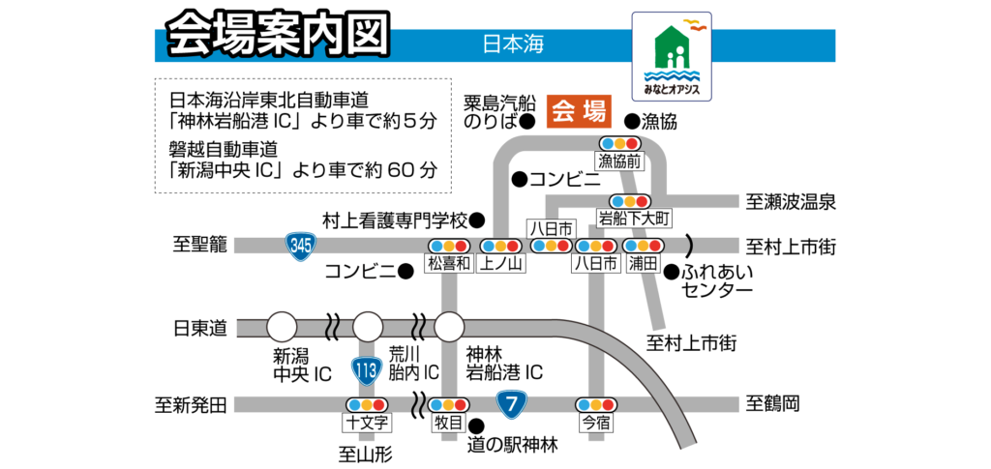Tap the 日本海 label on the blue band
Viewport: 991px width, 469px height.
513,44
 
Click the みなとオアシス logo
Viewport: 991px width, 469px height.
672,56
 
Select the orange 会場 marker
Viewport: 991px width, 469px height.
580,111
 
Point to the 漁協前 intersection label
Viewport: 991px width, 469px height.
619,161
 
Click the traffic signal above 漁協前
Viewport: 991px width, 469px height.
619,143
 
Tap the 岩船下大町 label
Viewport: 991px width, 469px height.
634,219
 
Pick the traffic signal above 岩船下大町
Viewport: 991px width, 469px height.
629,201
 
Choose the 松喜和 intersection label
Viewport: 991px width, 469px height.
449,263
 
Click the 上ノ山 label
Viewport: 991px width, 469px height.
501,263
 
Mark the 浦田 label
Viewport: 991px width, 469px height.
643,263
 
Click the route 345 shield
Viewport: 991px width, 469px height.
301,245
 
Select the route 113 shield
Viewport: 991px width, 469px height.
366,369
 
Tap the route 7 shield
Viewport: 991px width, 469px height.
511,403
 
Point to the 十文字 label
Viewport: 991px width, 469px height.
368,423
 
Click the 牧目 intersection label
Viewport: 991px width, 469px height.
449,423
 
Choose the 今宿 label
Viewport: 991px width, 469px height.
596,423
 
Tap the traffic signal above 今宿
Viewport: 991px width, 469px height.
596,404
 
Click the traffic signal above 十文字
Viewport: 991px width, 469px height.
368,404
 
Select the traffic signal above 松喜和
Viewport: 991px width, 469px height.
449,246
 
